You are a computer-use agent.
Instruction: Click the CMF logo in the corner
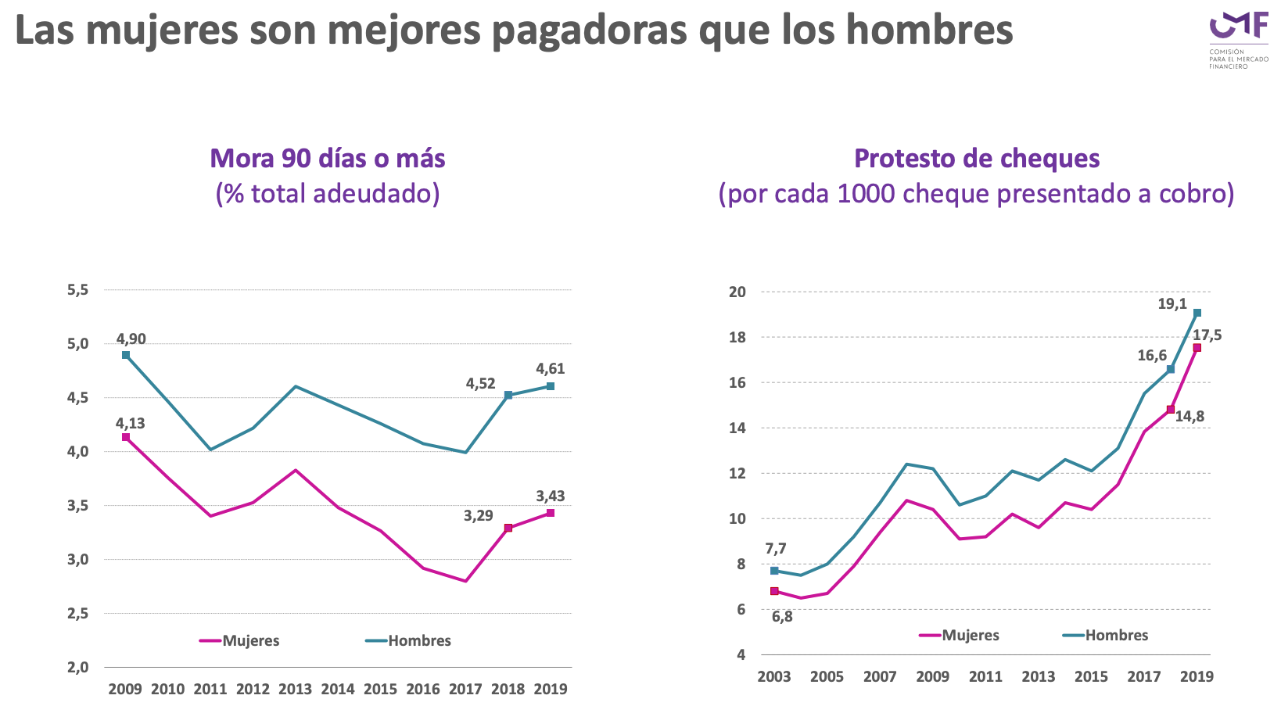[x=1238, y=39]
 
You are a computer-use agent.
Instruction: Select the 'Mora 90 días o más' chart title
[x=328, y=159]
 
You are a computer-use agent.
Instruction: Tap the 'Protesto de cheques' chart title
[x=977, y=159]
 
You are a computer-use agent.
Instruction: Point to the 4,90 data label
[x=131, y=339]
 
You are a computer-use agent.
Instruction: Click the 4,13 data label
[x=131, y=424]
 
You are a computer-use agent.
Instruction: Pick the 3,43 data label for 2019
[x=551, y=496]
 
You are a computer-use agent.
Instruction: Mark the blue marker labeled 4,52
[x=508, y=395]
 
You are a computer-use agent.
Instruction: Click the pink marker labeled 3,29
[x=508, y=528]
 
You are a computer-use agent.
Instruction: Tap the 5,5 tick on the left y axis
[x=78, y=290]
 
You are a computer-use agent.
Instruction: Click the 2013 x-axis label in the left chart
[x=295, y=689]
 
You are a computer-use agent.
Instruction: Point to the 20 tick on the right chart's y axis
[x=737, y=292]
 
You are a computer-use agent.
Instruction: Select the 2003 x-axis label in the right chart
[x=774, y=676]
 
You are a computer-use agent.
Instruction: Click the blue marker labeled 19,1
[x=1197, y=313]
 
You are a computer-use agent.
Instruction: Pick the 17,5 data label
[x=1207, y=335]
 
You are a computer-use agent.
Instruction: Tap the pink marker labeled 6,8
[x=774, y=591]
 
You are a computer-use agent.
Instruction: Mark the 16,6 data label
[x=1152, y=356]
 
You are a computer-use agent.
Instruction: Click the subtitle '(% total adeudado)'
[x=328, y=193]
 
